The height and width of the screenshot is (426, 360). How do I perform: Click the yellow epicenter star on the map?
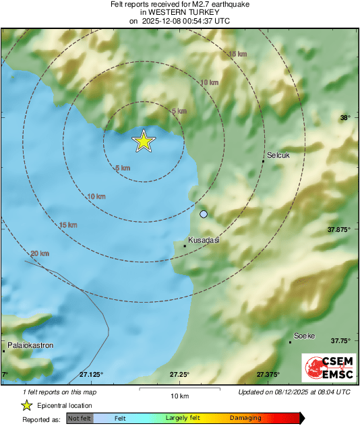pos(143,141)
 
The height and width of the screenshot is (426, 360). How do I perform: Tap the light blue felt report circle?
pos(204,214)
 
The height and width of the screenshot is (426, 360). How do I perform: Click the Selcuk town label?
pos(278,155)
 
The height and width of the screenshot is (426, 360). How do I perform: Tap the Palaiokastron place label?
pos(29,345)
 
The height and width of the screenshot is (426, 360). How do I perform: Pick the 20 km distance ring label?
pos(40,253)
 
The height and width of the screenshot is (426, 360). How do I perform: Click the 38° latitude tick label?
pos(345,118)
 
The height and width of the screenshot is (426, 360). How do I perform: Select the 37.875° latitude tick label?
pos(340,230)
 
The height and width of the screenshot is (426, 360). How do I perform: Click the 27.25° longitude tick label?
pos(179,374)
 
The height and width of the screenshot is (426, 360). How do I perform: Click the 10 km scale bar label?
pos(179,395)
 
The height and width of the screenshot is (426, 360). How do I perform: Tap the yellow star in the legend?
pos(26,405)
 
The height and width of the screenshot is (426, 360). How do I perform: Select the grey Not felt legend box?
pos(80,418)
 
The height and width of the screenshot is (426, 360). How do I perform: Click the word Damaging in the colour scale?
pos(245,418)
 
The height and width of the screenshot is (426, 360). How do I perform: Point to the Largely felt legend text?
pos(181,418)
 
